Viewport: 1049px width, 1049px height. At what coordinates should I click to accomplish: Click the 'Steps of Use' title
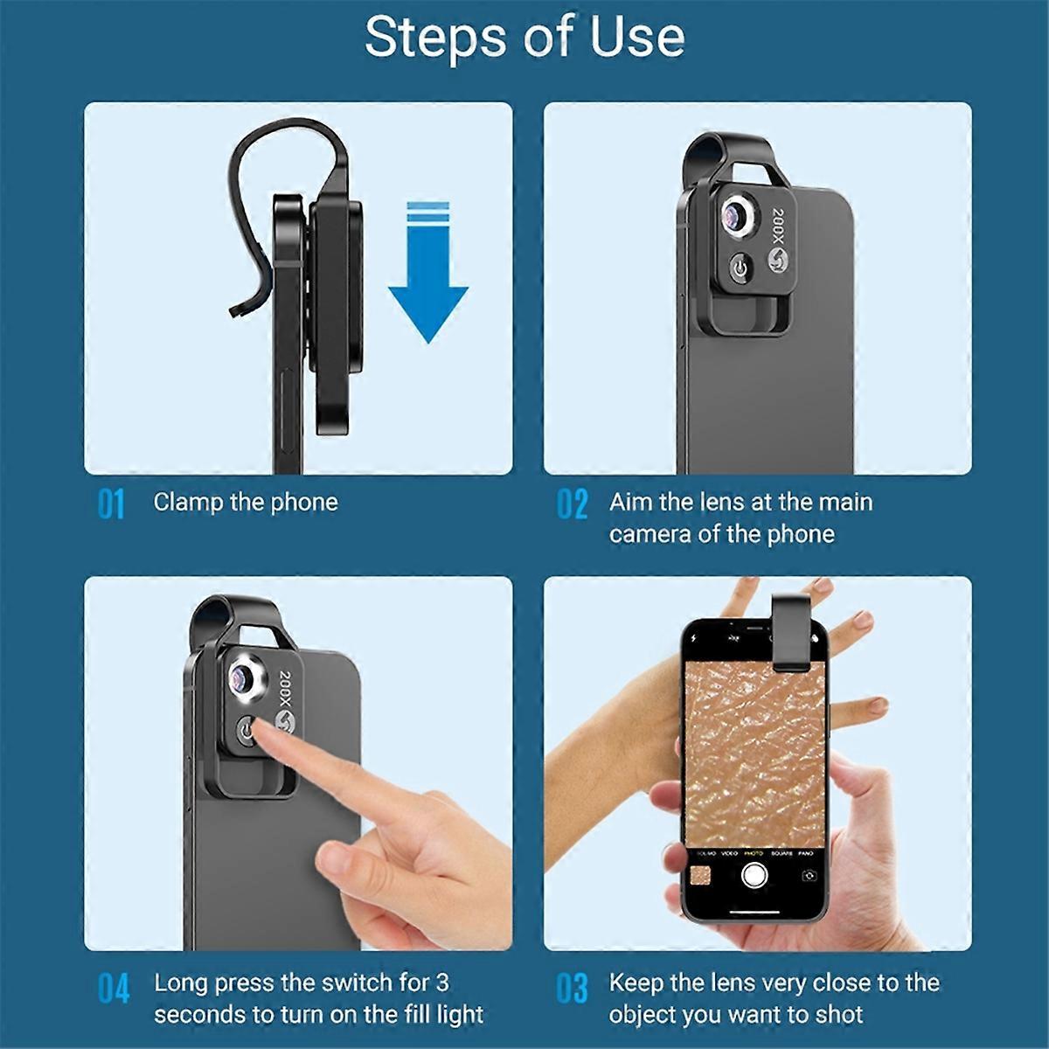point(524,37)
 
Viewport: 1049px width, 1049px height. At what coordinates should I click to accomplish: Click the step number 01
point(111,505)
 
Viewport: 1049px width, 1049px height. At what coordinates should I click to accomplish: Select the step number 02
point(572,505)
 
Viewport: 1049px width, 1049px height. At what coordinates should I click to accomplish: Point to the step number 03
point(572,988)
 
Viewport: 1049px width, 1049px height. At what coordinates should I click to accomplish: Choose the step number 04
point(113,988)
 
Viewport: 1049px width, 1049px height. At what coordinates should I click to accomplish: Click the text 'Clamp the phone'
point(246,502)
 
